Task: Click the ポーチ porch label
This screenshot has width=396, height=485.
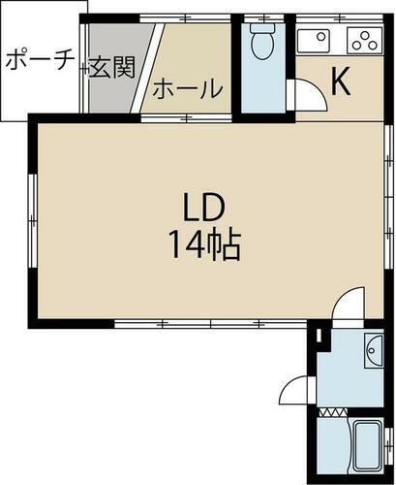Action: click(40, 60)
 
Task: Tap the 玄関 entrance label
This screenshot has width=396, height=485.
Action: click(111, 68)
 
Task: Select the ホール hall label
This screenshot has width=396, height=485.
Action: click(188, 89)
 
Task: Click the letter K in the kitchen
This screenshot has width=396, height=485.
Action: click(341, 81)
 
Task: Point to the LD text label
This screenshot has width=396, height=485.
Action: click(203, 209)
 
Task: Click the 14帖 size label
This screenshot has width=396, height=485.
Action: click(204, 244)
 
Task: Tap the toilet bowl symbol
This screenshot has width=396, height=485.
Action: click(262, 42)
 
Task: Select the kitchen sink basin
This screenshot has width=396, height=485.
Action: click(313, 41)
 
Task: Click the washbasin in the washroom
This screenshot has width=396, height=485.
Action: click(375, 351)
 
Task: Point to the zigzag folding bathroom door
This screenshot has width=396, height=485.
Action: click(333, 412)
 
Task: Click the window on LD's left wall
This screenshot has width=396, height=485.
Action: click(33, 221)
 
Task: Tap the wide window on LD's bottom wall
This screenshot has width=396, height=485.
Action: click(210, 323)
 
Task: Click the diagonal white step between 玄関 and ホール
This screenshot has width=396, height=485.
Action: click(147, 68)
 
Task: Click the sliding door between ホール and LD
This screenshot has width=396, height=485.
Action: click(186, 117)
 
